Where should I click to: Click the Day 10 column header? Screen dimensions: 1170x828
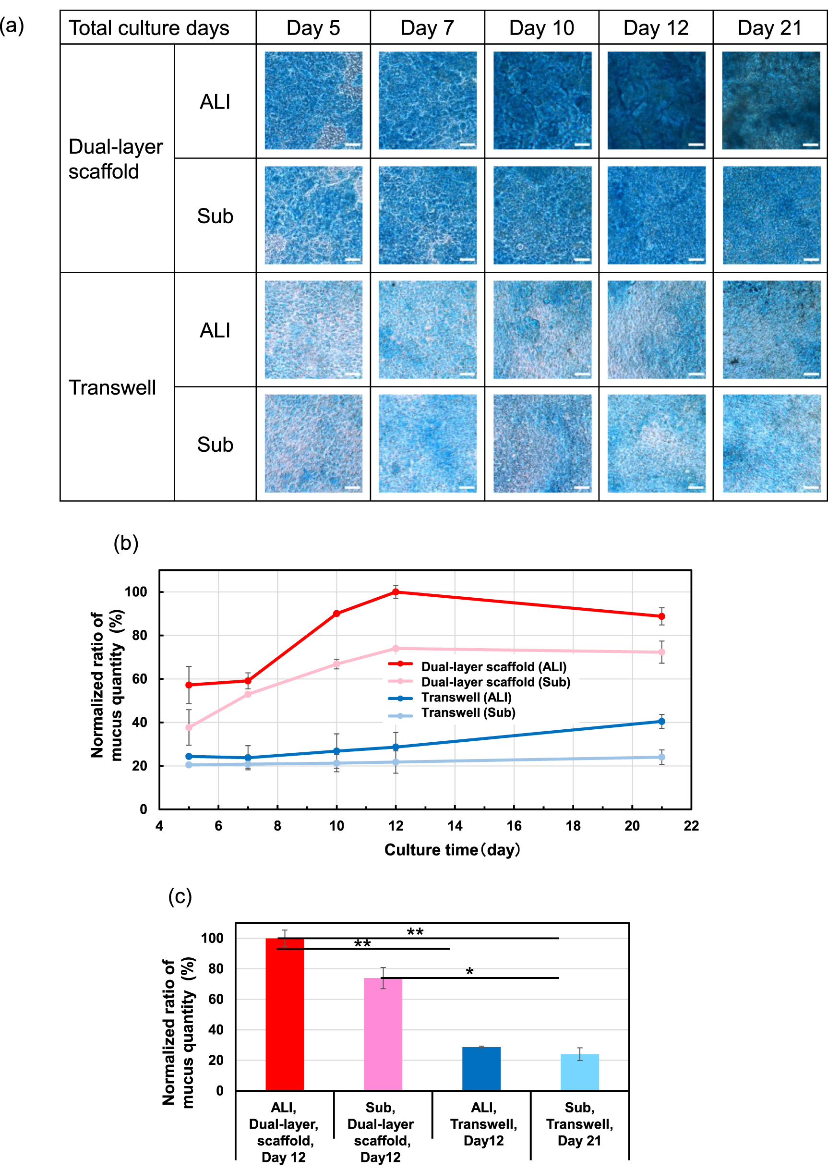[541, 28]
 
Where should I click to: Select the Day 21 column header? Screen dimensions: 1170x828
[769, 28]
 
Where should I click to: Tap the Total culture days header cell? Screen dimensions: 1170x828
[149, 28]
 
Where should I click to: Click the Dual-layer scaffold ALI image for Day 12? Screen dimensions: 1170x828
[656, 100]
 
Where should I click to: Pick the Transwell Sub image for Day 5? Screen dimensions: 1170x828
[313, 444]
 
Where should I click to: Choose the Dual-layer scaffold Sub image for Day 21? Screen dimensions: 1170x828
[771, 215]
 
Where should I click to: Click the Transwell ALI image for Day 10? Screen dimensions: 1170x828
[542, 329]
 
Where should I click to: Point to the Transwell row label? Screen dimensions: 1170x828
[112, 387]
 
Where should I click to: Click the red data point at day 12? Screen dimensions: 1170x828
[396, 592]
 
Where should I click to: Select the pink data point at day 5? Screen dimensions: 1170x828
[189, 727]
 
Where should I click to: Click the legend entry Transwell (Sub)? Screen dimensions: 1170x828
[468, 712]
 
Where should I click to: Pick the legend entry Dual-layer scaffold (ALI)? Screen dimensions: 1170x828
[493, 667]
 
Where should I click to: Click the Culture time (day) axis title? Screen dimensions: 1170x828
[452, 850]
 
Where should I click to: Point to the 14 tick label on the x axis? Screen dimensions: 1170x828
[455, 826]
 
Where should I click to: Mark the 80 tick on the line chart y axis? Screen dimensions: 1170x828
[140, 635]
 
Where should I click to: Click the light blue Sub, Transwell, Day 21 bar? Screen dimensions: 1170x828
[580, 1072]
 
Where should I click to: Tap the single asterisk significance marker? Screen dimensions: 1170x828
[469, 972]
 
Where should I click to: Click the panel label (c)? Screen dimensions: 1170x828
[180, 896]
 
